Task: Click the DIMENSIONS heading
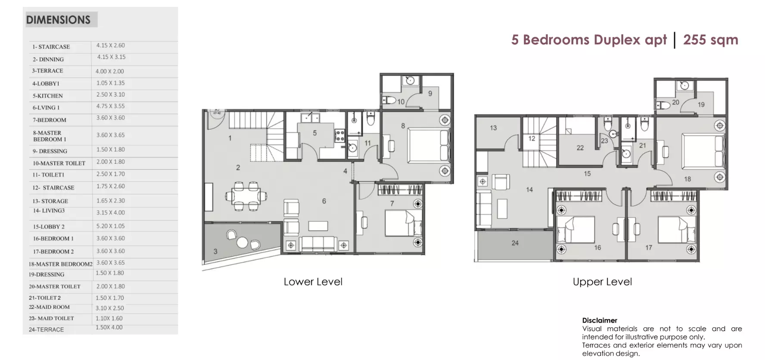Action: [x=58, y=20]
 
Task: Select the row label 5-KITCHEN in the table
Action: [x=48, y=96]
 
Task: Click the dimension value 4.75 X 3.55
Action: [x=111, y=106]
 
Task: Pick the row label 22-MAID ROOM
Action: [x=49, y=307]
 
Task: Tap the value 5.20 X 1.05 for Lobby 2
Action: [x=111, y=226]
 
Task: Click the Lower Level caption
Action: [x=313, y=282]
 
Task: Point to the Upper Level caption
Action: [x=602, y=282]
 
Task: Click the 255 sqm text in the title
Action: [x=711, y=40]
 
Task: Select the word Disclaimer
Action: [x=600, y=320]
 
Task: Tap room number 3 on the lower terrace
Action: [x=215, y=251]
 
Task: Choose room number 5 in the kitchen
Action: [x=315, y=133]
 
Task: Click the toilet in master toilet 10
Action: [x=389, y=100]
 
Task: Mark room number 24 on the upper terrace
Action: [x=515, y=243]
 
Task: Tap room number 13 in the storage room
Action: [x=493, y=128]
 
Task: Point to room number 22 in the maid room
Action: [x=580, y=148]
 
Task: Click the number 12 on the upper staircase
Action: [x=532, y=139]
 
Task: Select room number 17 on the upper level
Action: [x=649, y=248]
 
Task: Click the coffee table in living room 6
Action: [x=318, y=226]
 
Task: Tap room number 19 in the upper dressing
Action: [x=701, y=105]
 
